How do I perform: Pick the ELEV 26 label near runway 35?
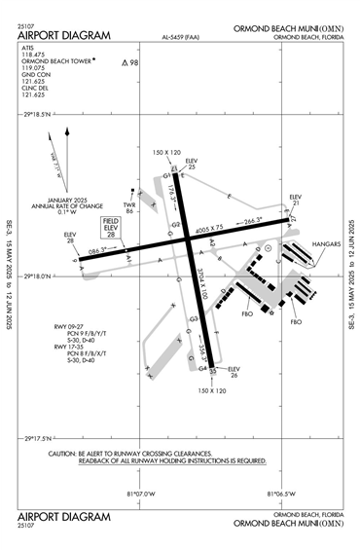click(x=234, y=372)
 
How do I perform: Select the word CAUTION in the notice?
click(x=62, y=454)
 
